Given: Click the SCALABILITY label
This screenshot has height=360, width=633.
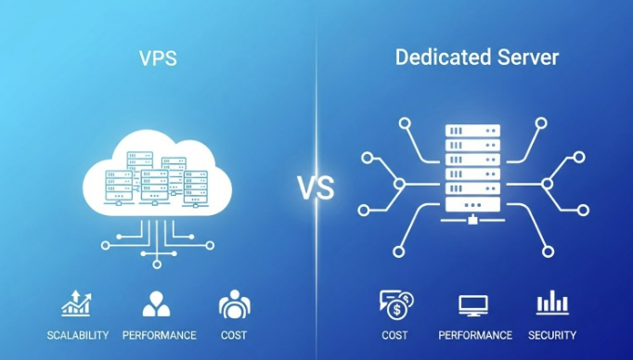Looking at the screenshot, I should click(x=78, y=335).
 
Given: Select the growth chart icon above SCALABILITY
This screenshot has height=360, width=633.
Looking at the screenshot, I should click(x=76, y=303).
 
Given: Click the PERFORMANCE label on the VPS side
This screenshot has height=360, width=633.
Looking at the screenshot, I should click(x=159, y=335).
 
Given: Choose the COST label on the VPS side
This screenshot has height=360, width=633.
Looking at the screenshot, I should click(x=234, y=335).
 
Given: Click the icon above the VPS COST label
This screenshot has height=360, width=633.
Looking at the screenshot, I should click(x=234, y=303).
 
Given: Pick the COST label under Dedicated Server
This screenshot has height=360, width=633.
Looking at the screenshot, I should click(x=394, y=335).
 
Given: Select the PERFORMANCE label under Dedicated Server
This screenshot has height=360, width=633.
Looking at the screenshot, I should click(x=475, y=335).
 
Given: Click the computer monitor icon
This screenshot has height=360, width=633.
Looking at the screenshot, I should click(x=474, y=303).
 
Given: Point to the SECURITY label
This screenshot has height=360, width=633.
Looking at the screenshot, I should click(x=552, y=335).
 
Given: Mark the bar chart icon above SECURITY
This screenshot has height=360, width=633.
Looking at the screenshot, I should click(x=552, y=302).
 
